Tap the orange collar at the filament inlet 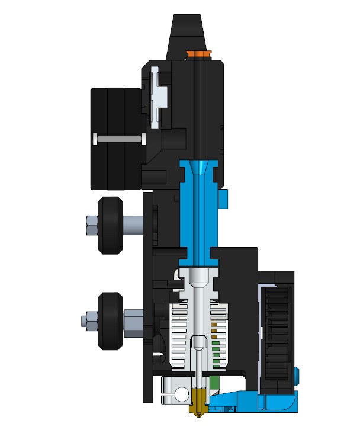tap(198, 54)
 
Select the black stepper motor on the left tap(115, 139)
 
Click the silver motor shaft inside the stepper tap(118, 139)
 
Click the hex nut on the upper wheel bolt tap(90, 224)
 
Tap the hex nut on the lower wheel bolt tap(87, 320)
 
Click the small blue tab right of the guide tap(225, 199)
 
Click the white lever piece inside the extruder tap(156, 95)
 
